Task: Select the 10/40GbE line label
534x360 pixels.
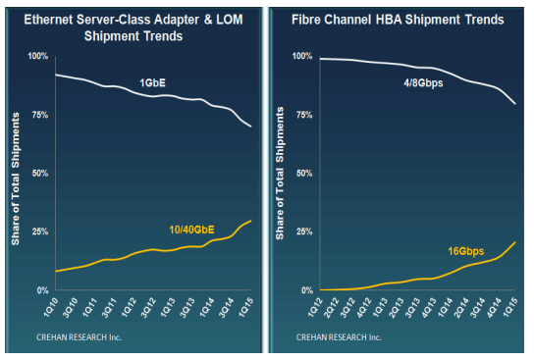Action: coord(192,228)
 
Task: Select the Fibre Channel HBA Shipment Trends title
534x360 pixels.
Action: coord(399,19)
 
